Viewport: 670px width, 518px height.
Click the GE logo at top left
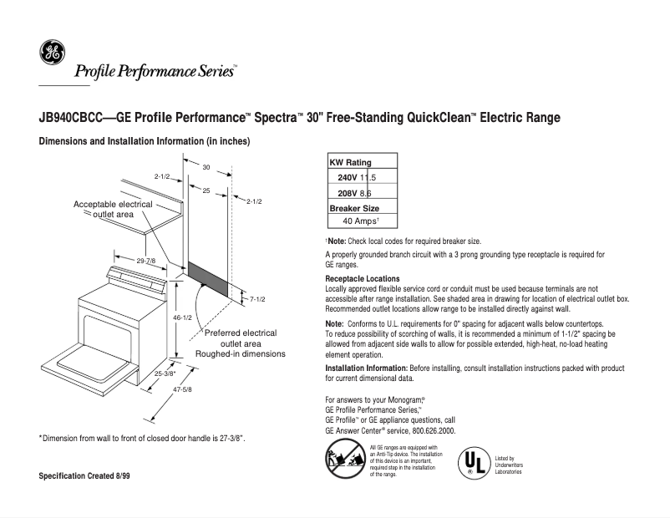pos(51,53)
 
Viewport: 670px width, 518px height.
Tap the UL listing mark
pos(474,462)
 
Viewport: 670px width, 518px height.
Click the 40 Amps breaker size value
pos(362,221)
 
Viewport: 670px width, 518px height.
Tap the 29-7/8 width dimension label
pos(145,262)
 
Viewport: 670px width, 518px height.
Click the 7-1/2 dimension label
pos(257,298)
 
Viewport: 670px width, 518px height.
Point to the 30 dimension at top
pos(206,168)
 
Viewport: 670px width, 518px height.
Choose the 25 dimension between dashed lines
pos(206,191)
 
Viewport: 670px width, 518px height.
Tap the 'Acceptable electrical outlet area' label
pos(113,209)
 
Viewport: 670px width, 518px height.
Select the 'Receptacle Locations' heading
pos(362,278)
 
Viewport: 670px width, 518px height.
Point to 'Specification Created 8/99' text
pos(84,475)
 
